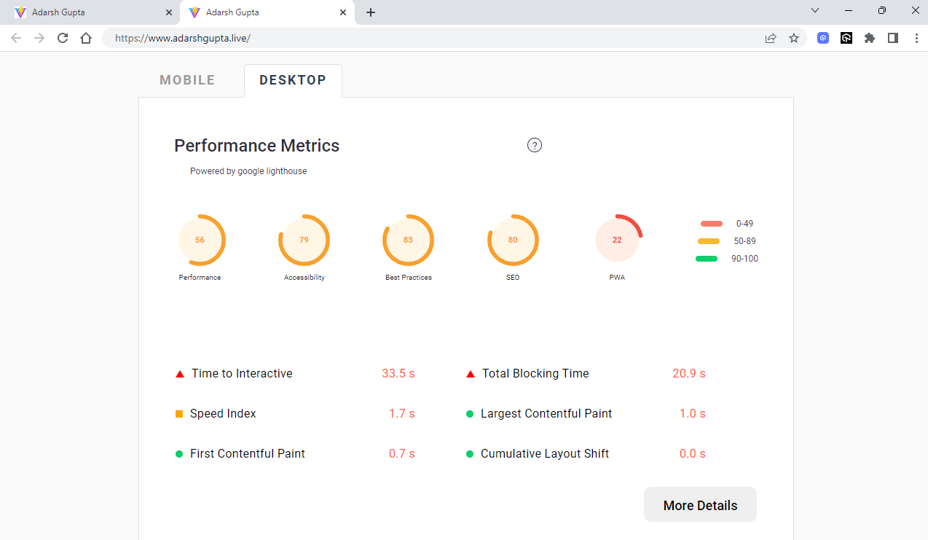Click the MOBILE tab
coord(187,80)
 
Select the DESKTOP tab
coord(293,80)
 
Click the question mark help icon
coord(535,145)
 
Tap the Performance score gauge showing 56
coord(200,240)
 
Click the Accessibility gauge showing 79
coord(304,240)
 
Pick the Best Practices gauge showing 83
coord(408,240)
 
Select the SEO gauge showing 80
coord(513,240)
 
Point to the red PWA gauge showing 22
coord(618,240)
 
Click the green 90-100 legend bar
coord(707,259)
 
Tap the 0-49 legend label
coord(744,224)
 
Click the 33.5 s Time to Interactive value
coord(398,374)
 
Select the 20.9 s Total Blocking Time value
coord(689,374)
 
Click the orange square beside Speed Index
coord(179,414)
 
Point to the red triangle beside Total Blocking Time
coord(471,374)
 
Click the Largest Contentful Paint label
coord(546,414)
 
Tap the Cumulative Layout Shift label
coord(545,454)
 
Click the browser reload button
coord(63,38)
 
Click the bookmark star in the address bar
coord(794,38)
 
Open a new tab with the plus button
coord(371,12)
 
